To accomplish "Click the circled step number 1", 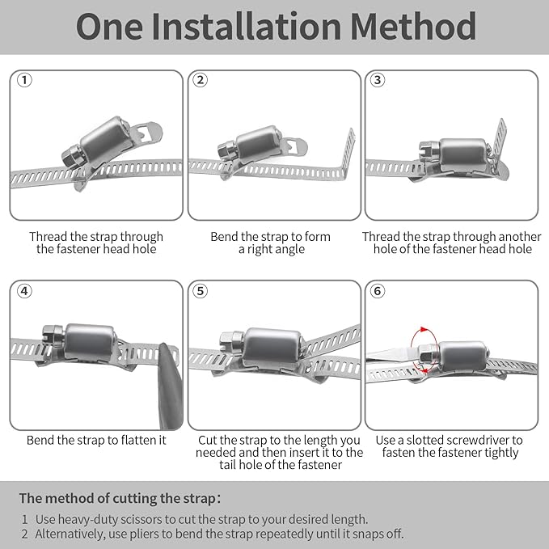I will click(24, 80).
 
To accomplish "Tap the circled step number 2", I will click(201, 80).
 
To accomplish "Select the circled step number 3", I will click(378, 80).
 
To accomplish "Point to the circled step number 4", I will click(24, 290).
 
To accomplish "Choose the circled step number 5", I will click(201, 290).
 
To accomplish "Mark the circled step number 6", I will click(378, 290).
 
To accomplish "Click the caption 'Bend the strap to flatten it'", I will click(96, 441).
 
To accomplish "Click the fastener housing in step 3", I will click(462, 152).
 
